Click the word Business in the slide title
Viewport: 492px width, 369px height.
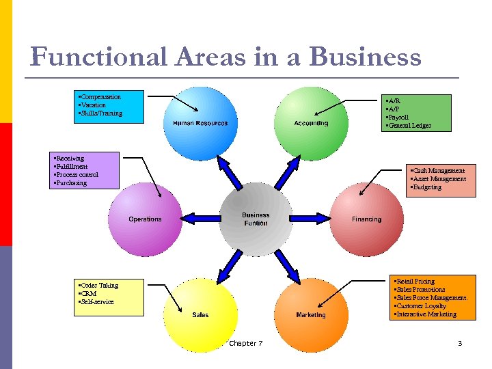click(365, 57)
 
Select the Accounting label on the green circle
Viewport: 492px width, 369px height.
click(311, 123)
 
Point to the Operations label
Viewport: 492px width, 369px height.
click(145, 219)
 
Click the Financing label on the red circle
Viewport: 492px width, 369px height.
click(367, 219)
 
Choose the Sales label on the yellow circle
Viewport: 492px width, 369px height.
click(200, 315)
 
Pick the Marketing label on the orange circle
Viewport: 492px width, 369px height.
click(311, 315)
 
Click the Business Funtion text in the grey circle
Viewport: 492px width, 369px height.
click(256, 219)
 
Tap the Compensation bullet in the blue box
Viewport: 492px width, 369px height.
click(100, 97)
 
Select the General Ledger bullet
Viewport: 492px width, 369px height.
click(409, 126)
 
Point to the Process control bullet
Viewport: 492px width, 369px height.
click(77, 175)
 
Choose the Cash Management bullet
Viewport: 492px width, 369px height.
click(438, 170)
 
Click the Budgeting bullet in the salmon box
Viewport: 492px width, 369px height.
click(426, 187)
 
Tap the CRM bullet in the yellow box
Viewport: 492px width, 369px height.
click(88, 294)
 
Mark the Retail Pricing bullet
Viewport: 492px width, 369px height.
click(415, 282)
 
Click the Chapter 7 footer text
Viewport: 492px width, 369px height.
click(246, 343)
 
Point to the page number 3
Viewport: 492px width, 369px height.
click(460, 343)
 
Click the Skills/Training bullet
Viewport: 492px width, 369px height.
click(101, 113)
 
